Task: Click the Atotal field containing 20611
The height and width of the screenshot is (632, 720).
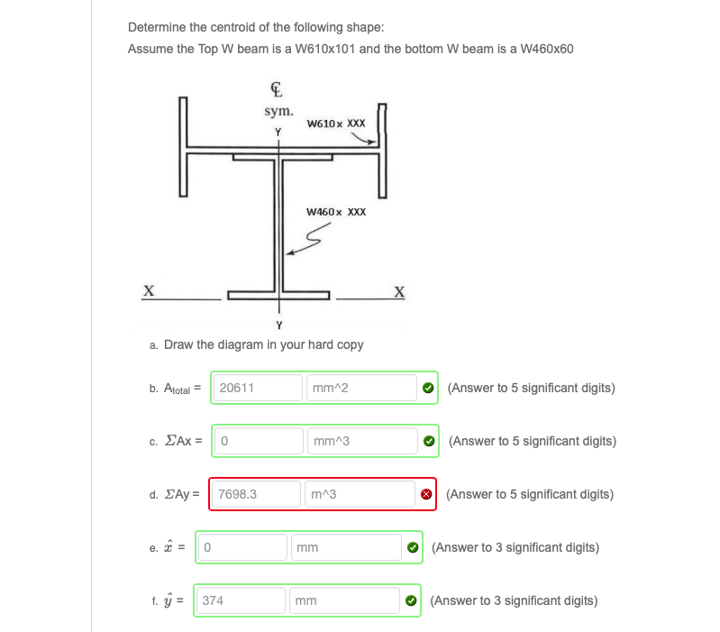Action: click(x=257, y=388)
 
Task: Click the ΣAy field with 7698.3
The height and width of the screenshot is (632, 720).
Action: click(x=255, y=494)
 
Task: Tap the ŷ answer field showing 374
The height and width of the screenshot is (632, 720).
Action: click(x=239, y=600)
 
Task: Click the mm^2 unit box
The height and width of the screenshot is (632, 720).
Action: click(x=360, y=388)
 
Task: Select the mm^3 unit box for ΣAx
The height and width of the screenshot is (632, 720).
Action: click(x=360, y=441)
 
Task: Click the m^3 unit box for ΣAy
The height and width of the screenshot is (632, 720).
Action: click(x=358, y=494)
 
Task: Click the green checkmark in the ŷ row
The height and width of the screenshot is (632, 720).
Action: click(x=412, y=600)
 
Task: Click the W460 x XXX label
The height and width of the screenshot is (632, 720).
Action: click(x=335, y=212)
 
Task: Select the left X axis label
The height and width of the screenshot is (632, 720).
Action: click(x=148, y=290)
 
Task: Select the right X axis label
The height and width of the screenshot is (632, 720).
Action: click(x=399, y=290)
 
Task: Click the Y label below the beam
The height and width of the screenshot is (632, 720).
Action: click(x=278, y=325)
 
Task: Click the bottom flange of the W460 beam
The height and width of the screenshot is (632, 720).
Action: click(x=279, y=294)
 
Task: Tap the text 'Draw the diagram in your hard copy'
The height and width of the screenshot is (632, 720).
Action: click(x=263, y=344)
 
